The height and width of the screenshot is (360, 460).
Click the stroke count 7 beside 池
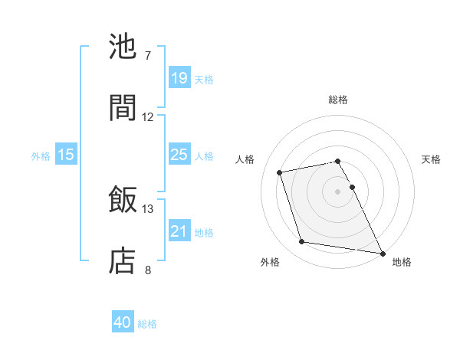[148, 56]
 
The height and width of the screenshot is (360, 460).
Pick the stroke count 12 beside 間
[148, 117]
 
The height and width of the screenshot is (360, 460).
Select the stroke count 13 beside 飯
[148, 208]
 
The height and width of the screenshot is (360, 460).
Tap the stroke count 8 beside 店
[148, 270]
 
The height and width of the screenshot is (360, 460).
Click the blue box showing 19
[179, 78]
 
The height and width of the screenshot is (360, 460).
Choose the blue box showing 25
[179, 155]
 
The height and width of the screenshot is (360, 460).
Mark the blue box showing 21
[179, 231]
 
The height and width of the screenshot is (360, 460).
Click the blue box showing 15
[66, 155]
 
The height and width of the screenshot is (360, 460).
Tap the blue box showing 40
[123, 322]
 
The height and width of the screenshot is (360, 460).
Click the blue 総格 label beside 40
[147, 324]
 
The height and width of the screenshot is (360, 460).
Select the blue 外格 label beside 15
[41, 156]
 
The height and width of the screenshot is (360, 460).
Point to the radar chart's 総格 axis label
[338, 100]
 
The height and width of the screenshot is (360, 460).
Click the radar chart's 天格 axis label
[432, 159]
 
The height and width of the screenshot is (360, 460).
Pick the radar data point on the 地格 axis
[382, 252]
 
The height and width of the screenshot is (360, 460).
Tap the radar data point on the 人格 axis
[280, 172]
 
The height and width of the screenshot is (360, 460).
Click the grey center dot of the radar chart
[338, 191]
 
